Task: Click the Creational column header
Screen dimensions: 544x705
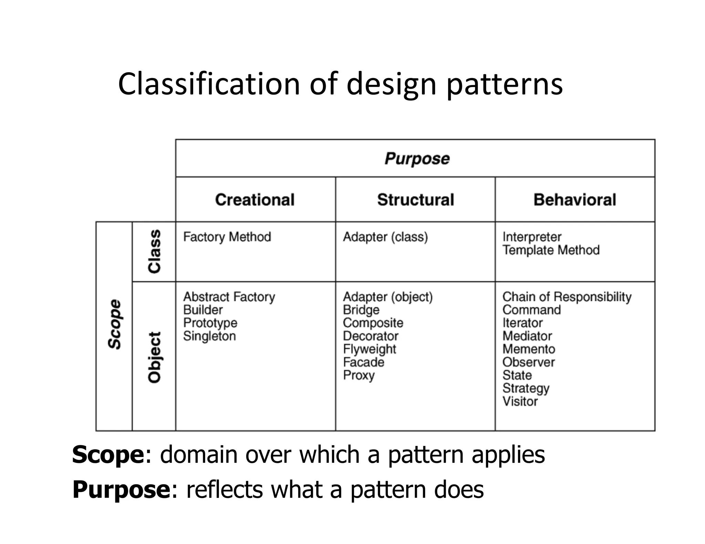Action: [255, 200]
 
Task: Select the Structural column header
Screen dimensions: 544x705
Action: [415, 200]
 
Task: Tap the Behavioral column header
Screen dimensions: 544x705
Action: [575, 200]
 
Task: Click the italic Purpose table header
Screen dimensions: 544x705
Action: [417, 159]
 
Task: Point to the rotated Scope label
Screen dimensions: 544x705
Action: [115, 324]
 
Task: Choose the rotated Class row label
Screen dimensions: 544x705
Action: [154, 251]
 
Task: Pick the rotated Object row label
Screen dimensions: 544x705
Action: [154, 357]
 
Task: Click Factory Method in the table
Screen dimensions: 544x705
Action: [227, 237]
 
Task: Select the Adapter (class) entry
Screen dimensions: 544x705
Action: [385, 237]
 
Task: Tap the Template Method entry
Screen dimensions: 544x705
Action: [551, 250]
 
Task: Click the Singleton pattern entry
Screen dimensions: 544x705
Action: [209, 336]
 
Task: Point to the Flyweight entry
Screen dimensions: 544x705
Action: [369, 349]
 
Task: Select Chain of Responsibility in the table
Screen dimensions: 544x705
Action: [567, 297]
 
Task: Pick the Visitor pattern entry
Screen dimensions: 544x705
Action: [520, 401]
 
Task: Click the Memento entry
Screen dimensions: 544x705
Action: [529, 349]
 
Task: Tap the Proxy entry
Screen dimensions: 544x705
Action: [359, 375]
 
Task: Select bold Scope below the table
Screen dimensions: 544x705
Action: [108, 455]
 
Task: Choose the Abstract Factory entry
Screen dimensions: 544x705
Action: [229, 297]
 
